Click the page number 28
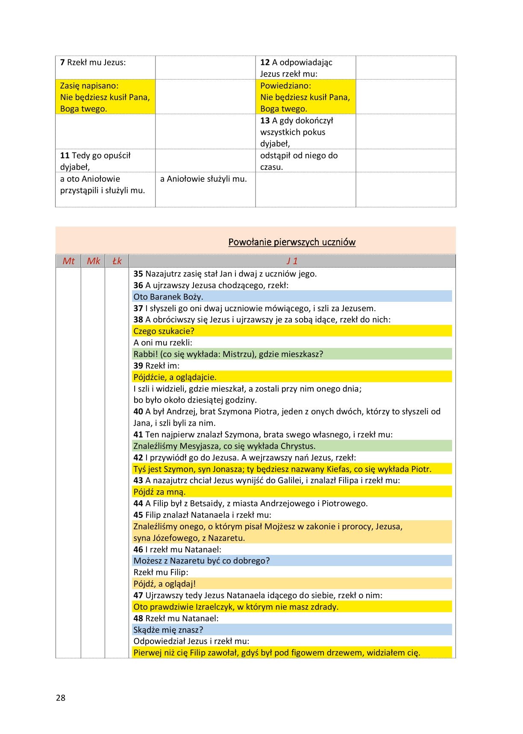click(61, 698)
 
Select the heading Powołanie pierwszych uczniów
click(292, 242)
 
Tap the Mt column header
click(68, 261)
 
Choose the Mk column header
click(93, 261)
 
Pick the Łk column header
click(117, 261)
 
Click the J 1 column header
click(292, 261)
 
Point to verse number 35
click(138, 274)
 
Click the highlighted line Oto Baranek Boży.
click(168, 297)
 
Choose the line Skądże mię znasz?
click(168, 630)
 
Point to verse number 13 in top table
click(265, 121)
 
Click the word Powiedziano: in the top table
click(286, 85)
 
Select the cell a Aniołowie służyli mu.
click(203, 179)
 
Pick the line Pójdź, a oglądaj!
click(165, 584)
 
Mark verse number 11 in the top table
click(65, 156)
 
